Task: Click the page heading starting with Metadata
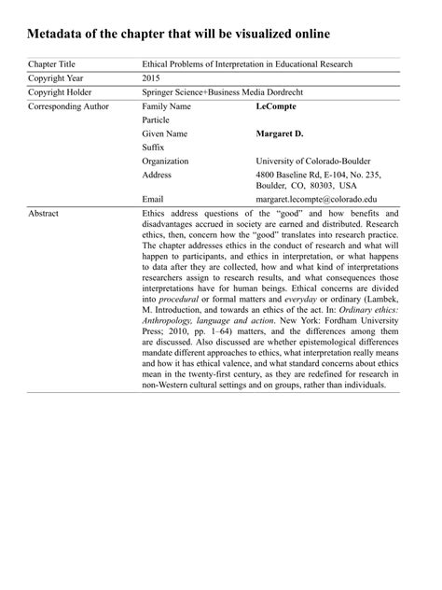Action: (x=178, y=35)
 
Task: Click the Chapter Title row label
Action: (x=52, y=64)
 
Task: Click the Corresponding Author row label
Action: (x=68, y=107)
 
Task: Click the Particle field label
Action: (x=157, y=120)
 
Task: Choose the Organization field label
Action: (x=165, y=161)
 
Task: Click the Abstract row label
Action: (x=44, y=214)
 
